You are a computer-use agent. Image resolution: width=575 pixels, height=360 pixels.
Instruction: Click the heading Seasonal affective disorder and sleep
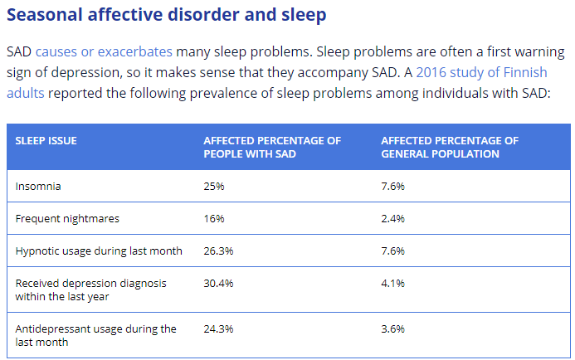[x=166, y=15]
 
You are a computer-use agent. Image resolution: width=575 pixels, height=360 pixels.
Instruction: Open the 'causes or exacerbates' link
[x=104, y=51]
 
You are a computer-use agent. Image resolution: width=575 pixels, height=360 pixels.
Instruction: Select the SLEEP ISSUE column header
[x=46, y=141]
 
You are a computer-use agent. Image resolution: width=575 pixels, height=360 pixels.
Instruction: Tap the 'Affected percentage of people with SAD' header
[x=272, y=147]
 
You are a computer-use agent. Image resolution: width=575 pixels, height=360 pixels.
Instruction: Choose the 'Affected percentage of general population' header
[x=450, y=147]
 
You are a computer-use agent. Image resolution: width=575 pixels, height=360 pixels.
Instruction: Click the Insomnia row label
[x=38, y=187]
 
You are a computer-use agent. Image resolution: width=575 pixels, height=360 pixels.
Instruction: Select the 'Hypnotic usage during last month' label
[x=99, y=251]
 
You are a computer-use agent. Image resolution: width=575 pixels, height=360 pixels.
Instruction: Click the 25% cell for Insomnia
[x=214, y=187]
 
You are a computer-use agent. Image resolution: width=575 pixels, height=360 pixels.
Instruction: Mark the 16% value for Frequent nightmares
[x=214, y=219]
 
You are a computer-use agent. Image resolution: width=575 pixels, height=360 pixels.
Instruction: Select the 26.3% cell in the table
[x=218, y=251]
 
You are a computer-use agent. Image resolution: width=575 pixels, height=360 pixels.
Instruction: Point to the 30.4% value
[x=218, y=283]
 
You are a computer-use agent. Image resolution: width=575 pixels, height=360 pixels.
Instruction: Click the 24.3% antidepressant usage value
[x=218, y=329]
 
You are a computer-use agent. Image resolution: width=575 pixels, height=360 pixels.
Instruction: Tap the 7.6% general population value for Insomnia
[x=392, y=187]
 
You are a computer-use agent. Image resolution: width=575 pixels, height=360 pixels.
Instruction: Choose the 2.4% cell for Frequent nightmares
[x=392, y=219]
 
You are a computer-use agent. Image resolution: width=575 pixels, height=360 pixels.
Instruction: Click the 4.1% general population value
[x=392, y=283]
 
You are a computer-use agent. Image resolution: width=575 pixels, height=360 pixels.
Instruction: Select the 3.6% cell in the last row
[x=392, y=329]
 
